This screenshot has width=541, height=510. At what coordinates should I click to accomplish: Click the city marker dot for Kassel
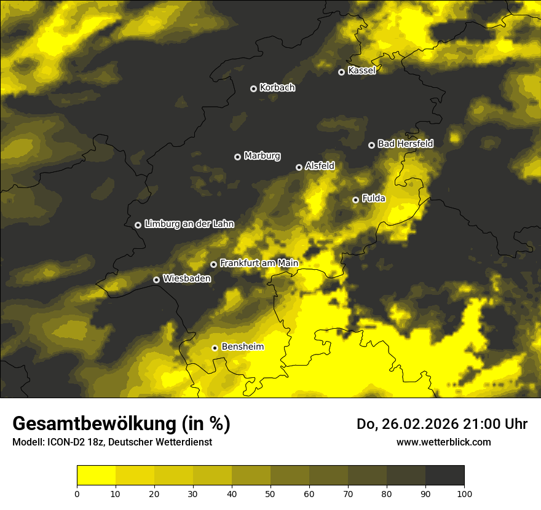coord(342,72)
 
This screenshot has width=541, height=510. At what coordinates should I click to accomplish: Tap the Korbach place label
coord(277,88)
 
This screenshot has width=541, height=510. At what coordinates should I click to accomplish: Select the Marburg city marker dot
coord(237,157)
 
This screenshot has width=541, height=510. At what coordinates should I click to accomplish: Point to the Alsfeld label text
coord(320,166)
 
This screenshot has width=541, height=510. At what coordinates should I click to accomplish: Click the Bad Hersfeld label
coord(405,144)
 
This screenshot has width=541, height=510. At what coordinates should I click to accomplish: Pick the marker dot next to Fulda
coord(355,200)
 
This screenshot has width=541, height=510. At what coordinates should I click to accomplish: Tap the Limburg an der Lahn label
coord(189,224)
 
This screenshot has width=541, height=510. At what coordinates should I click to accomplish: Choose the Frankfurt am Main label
coord(259,263)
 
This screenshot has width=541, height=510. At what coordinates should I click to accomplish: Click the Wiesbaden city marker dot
coord(157,280)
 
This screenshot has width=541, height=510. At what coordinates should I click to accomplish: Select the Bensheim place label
coord(242,347)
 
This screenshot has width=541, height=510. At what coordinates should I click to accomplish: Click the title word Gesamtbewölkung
coord(96,424)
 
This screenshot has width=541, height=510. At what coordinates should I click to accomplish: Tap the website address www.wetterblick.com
coord(444,442)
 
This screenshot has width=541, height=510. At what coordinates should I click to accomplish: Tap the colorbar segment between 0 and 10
coord(96,476)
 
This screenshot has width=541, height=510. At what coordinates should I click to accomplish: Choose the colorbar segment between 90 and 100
coord(444,476)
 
